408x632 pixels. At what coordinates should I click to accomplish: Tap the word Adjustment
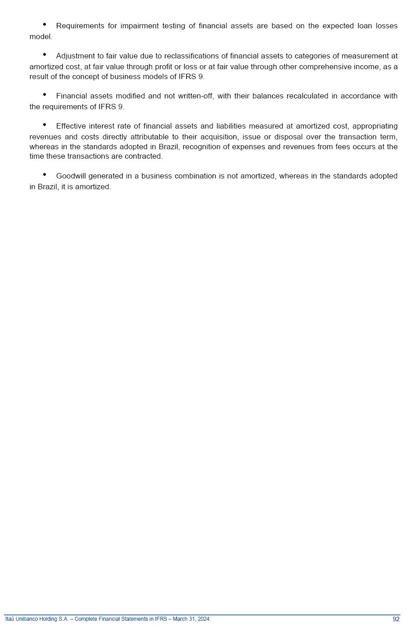[x=75, y=56]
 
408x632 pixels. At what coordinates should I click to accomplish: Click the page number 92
[x=396, y=619]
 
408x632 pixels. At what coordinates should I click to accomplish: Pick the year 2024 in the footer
[x=204, y=619]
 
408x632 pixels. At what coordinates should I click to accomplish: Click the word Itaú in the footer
[x=10, y=619]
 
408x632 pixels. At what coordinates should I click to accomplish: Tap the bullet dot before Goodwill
[x=44, y=174]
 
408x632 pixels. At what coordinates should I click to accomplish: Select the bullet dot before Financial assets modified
[x=44, y=94]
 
